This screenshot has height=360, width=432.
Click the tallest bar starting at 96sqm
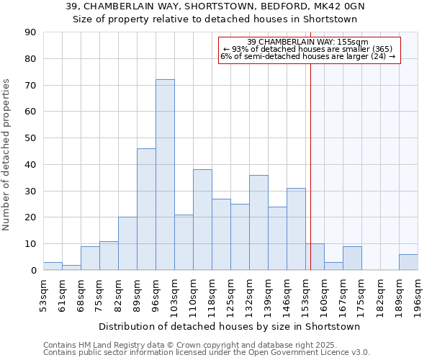(165, 175)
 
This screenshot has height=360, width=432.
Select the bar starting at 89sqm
(146, 210)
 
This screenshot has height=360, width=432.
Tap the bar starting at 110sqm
(202, 220)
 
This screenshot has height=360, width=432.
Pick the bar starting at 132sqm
(258, 222)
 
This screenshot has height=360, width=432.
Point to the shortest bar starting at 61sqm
(71, 267)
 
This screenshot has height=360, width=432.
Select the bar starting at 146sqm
(296, 229)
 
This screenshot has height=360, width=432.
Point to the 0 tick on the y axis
(33, 270)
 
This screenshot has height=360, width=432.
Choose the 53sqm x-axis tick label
(45, 295)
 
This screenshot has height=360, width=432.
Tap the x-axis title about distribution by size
(230, 326)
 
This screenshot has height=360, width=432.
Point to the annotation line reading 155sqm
(308, 42)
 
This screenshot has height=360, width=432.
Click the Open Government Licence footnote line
(207, 353)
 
